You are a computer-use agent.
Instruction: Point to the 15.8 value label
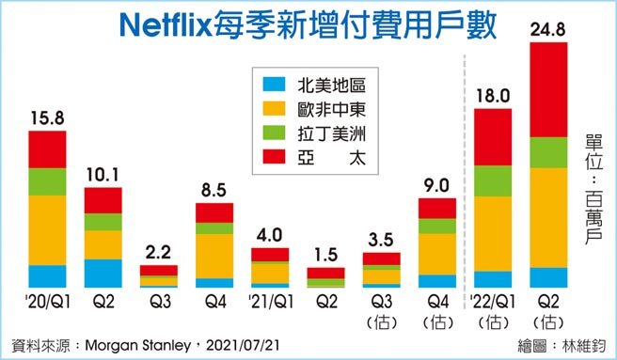pyautogui.click(x=48, y=118)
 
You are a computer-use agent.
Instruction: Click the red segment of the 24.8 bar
pyautogui.click(x=549, y=89)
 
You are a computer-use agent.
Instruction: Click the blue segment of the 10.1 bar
pyautogui.click(x=103, y=273)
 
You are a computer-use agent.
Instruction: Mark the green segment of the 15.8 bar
pyautogui.click(x=48, y=181)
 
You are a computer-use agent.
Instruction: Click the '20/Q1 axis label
pyautogui.click(x=47, y=301)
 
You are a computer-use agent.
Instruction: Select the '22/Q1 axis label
pyautogui.click(x=494, y=301)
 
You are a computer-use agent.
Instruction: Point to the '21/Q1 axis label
pyautogui.click(x=270, y=301)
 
